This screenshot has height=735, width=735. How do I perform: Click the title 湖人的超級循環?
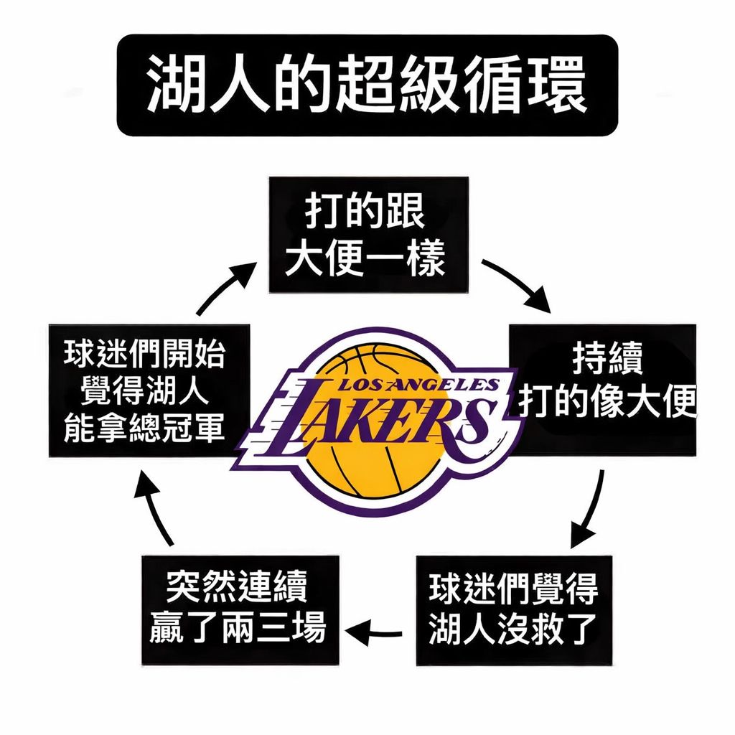[367, 85]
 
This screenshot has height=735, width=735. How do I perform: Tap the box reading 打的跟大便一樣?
[368, 235]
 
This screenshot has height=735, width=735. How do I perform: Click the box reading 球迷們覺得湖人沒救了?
[514, 609]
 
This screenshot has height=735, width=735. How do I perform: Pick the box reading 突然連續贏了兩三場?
[240, 609]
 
